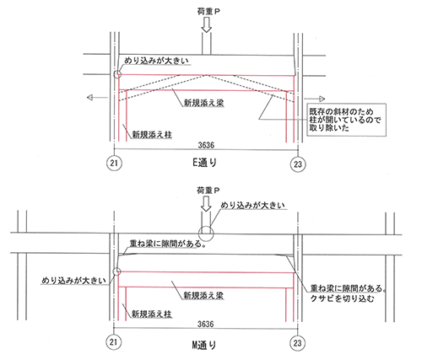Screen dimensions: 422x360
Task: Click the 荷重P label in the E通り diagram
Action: click(x=208, y=11)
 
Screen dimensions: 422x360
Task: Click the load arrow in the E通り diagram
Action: click(x=207, y=24)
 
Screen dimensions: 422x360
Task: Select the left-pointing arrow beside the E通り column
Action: click(x=97, y=98)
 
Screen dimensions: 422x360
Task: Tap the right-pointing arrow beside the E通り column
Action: click(x=315, y=99)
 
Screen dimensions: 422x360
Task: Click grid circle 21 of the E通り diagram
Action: click(x=114, y=163)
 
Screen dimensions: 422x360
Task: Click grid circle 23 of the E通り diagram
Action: click(x=298, y=164)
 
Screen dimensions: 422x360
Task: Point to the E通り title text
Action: click(x=204, y=163)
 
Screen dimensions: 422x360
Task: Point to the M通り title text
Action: click(x=204, y=345)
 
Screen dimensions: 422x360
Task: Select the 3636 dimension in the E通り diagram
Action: click(x=206, y=145)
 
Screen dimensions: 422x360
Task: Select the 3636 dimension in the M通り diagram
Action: click(x=206, y=324)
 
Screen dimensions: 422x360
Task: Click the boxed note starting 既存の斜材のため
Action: click(x=346, y=120)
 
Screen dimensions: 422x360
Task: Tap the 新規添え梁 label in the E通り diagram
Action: click(x=204, y=103)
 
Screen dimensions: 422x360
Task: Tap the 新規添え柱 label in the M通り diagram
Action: click(x=152, y=314)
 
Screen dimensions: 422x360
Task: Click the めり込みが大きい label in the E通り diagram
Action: click(x=156, y=61)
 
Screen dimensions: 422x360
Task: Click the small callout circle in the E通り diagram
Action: click(x=117, y=74)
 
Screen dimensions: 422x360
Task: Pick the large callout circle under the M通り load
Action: click(x=206, y=234)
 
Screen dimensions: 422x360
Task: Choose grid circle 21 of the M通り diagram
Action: click(x=113, y=342)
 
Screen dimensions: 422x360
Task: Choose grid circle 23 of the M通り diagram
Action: click(x=297, y=343)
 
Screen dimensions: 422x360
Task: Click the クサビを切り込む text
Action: click(x=343, y=298)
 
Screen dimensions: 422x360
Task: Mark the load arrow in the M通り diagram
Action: click(x=206, y=204)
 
